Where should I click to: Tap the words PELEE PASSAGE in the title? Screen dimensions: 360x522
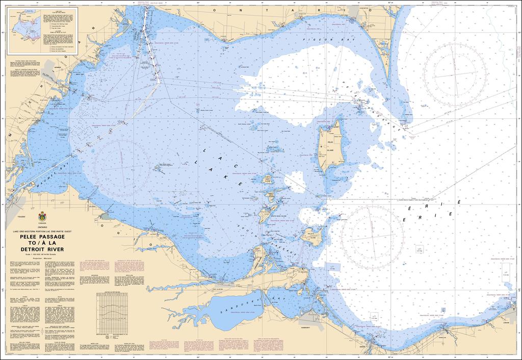tap(42, 237)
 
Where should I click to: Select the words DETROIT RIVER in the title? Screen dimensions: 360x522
tap(42, 249)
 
